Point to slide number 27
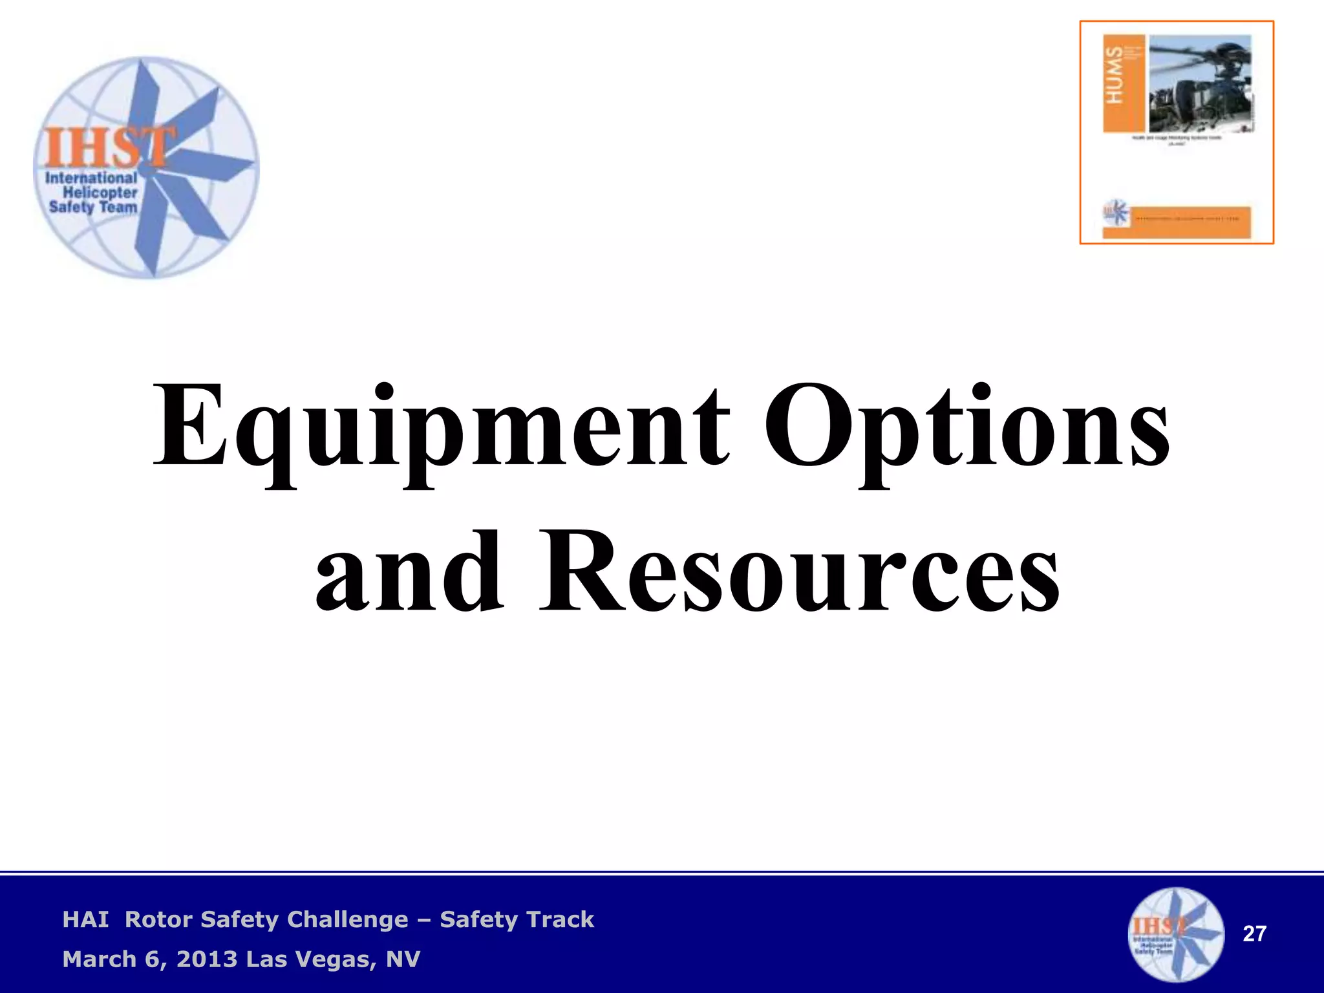1254,934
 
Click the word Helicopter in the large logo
100,193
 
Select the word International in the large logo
91,178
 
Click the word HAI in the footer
85,919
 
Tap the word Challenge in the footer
347,919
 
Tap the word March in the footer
99,959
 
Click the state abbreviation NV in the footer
403,959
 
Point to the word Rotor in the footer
158,919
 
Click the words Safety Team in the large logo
93,208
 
